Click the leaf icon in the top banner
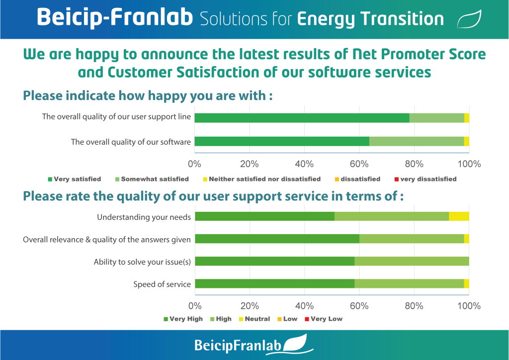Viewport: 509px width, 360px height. pos(469,19)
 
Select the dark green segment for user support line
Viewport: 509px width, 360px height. pos(302,118)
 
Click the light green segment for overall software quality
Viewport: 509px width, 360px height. pos(417,142)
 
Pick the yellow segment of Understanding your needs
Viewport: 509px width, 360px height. pos(459,216)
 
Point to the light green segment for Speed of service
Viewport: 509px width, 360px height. pos(409,283)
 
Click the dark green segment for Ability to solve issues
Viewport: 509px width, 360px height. pos(274,261)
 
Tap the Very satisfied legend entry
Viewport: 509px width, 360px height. pos(75,179)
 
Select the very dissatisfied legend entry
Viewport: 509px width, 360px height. pos(425,179)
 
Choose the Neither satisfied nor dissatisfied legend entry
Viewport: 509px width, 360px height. pos(261,179)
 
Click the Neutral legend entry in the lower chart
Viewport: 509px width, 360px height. pos(254,319)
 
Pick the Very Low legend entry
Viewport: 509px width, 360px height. pos(324,319)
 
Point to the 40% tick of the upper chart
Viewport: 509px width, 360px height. pos(304,164)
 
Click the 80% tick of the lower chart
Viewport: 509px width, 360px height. pos(414,306)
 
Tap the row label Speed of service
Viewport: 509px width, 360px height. pos(162,284)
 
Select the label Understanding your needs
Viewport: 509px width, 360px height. pos(144,217)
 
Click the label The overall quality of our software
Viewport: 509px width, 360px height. pos(131,142)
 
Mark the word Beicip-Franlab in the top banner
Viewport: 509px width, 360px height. pos(115,17)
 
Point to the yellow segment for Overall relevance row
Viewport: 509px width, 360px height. pos(466,239)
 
